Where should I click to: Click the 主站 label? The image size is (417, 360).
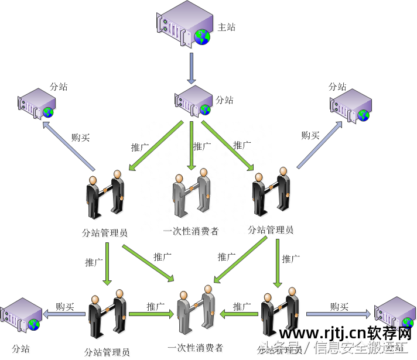coord(226,27)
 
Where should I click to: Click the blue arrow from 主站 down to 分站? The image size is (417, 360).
coord(192,68)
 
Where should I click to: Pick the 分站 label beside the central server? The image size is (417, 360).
coord(225,100)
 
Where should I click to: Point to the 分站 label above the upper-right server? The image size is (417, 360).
coord(337,86)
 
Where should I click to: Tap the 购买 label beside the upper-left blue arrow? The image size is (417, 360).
coord(80,138)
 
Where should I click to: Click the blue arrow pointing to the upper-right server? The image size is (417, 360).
coord(319,145)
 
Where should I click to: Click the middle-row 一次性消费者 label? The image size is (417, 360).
coord(191,231)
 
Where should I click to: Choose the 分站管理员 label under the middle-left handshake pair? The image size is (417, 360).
coord(105,232)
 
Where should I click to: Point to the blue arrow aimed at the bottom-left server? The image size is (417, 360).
coord(66,314)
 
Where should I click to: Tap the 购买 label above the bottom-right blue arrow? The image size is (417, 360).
coord(339,306)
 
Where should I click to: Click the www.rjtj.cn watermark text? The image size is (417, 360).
coord(317,334)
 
